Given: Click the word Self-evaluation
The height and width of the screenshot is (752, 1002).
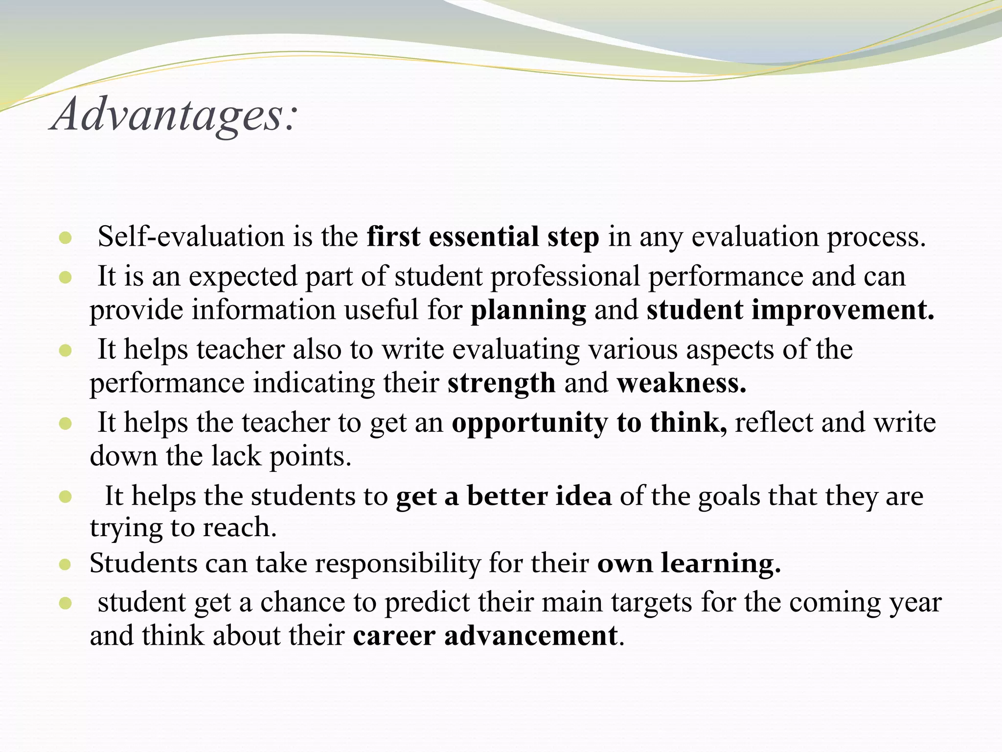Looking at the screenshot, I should point(191,237).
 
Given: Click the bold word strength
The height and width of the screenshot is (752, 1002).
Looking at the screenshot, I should point(501,383).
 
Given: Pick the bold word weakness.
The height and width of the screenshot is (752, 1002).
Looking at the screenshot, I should point(681,383).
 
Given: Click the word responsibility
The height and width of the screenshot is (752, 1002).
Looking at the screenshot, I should point(398,564).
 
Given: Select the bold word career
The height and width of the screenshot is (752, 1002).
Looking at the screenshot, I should point(394,636).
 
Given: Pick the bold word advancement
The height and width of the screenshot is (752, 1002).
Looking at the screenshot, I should point(531,636).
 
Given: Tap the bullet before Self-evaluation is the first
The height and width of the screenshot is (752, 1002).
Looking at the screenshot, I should point(65,238).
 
